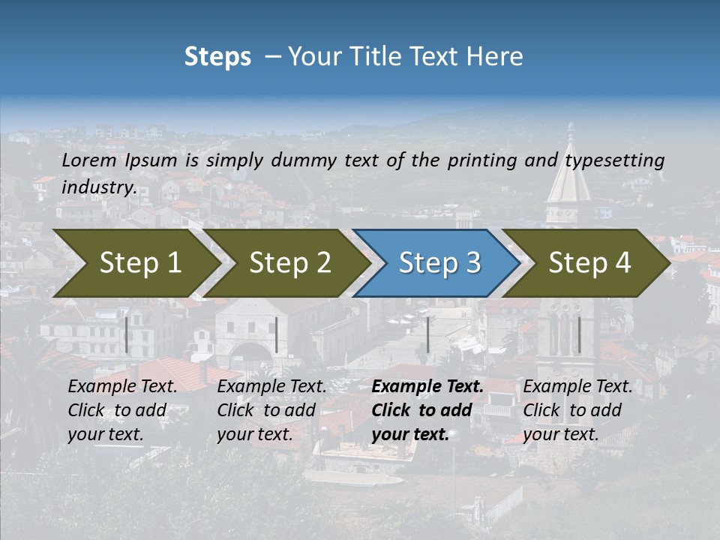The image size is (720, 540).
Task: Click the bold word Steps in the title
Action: pos(217,56)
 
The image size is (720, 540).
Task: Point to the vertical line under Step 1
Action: pos(127,334)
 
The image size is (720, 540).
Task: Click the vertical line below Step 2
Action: pos(277,334)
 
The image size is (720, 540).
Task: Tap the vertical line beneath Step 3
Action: pos(427,334)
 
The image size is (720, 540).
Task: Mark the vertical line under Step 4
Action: pos(578,334)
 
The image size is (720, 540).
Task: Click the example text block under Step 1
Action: pos(122,410)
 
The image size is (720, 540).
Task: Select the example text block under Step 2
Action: pos(271,410)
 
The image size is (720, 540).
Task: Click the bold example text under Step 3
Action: pos(427,410)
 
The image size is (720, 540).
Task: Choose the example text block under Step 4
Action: pos(577,410)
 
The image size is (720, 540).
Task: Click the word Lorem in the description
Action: pos(88,160)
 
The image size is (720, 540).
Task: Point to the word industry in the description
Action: pos(97,187)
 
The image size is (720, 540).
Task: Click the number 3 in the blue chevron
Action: pos(472,262)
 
